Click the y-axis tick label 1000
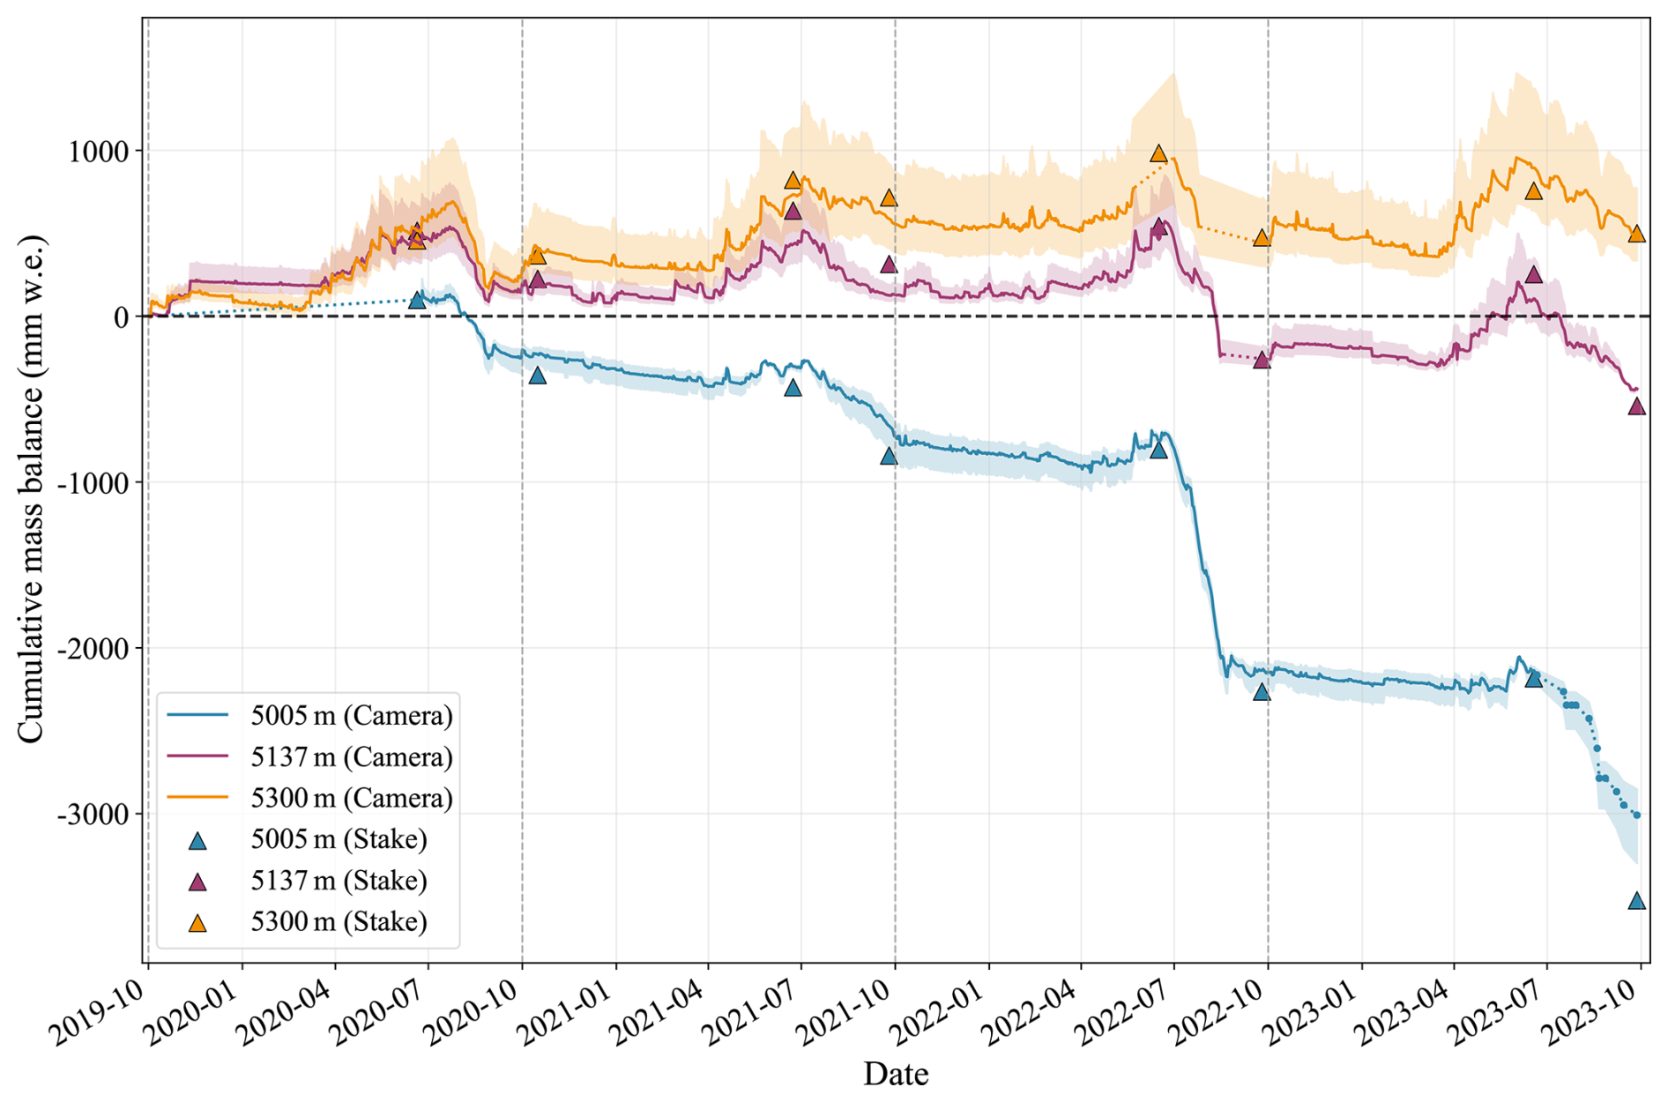[x=97, y=152]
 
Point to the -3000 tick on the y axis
[x=93, y=815]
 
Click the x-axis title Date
[x=896, y=1075]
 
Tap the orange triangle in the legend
[x=198, y=923]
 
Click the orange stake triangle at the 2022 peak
[x=1158, y=153]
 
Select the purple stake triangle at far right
[x=1636, y=406]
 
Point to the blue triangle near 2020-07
[x=417, y=301]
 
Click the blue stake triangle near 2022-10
[x=1262, y=692]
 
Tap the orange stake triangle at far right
[x=1636, y=234]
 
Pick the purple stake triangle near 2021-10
[x=889, y=264]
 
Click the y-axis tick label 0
[x=122, y=317]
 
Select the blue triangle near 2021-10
[x=889, y=456]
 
